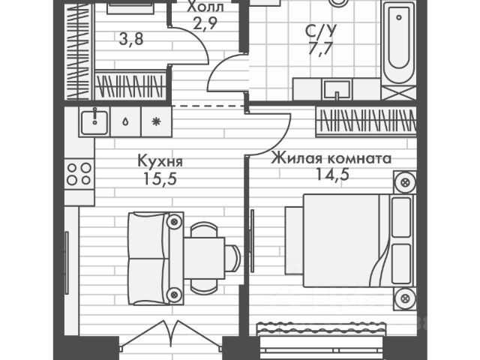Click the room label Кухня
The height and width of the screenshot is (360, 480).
160,161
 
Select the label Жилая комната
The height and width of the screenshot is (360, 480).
331,159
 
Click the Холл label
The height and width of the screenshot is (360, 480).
205,8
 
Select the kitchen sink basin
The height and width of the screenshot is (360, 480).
94,121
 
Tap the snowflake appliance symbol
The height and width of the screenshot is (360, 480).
156,121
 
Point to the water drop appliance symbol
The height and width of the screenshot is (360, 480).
125,121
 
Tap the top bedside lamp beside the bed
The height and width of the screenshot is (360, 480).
406,182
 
